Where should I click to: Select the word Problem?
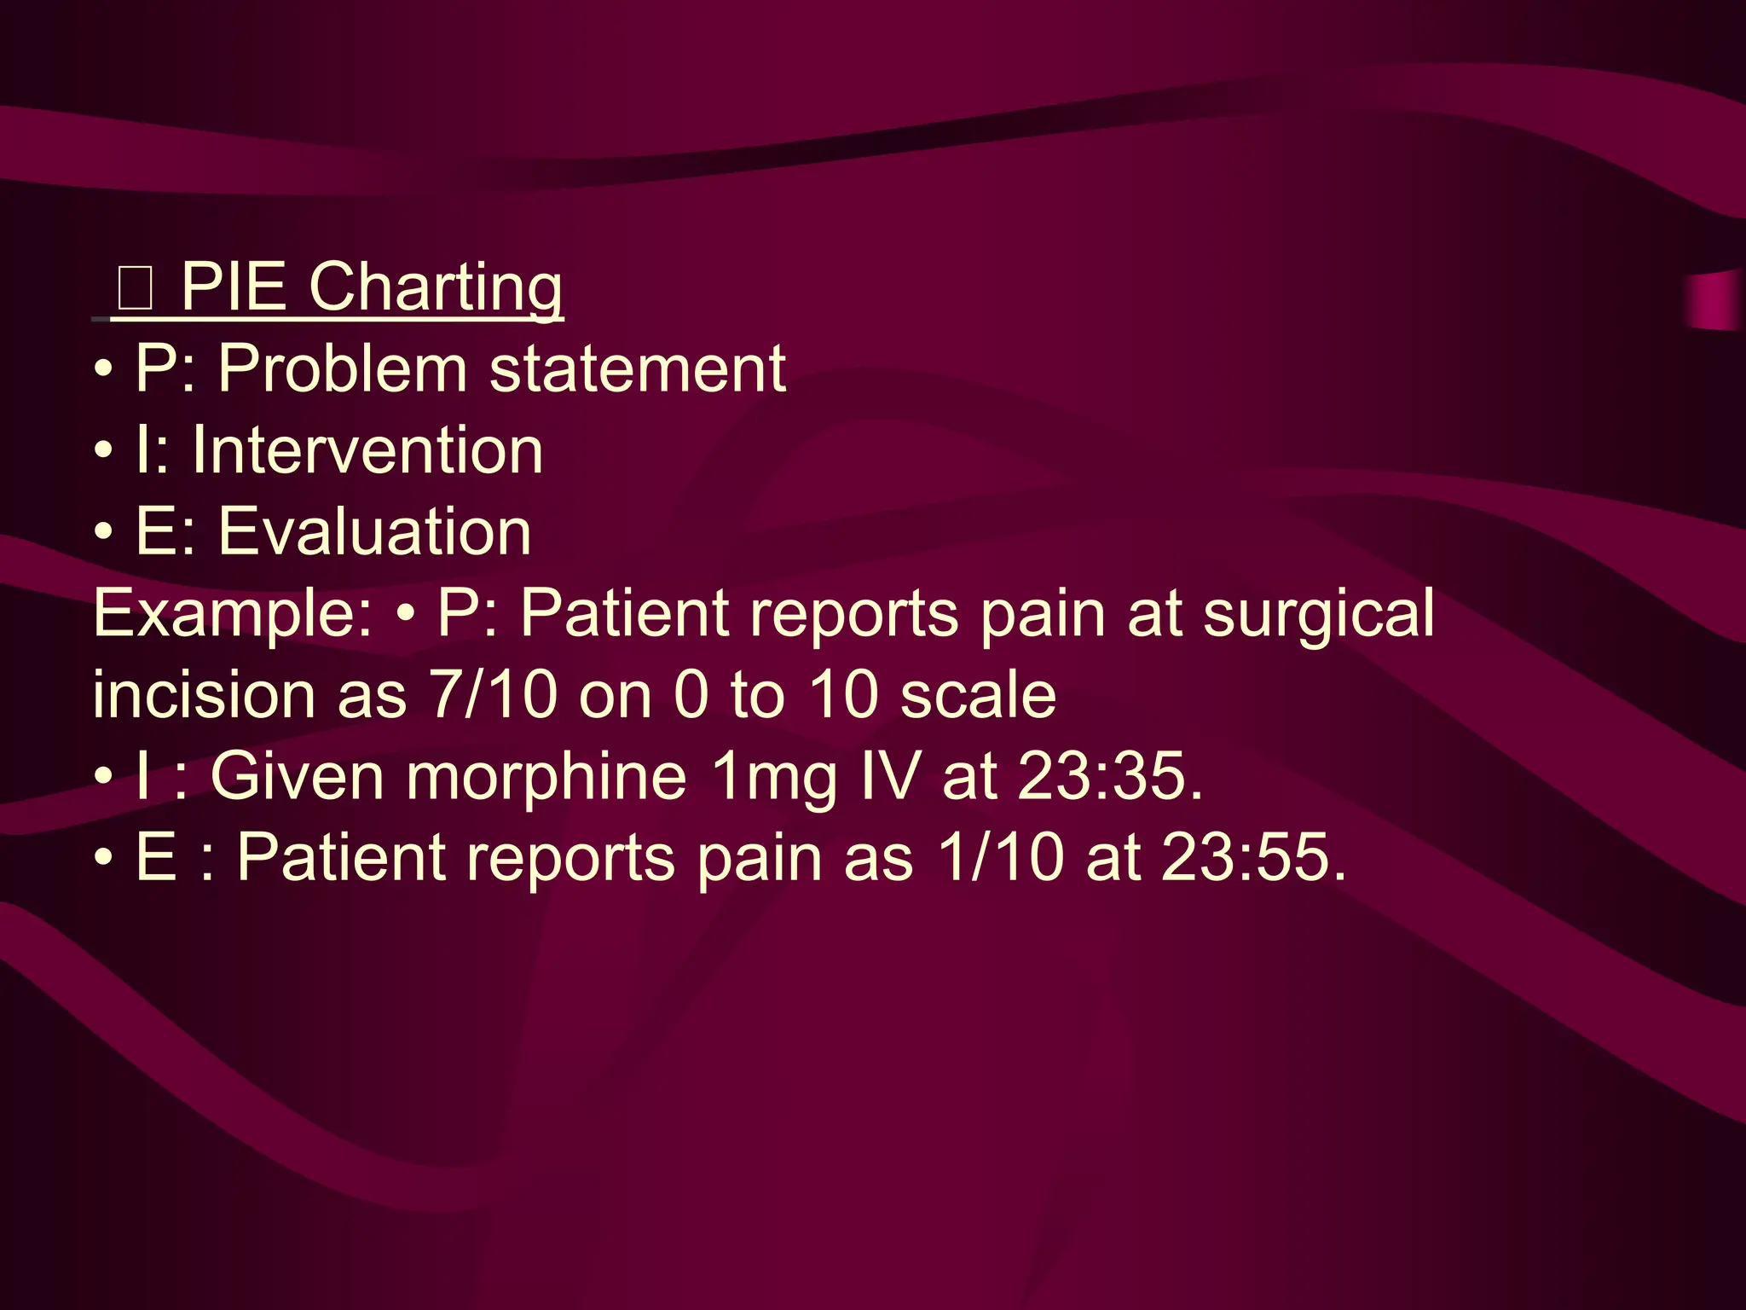point(342,368)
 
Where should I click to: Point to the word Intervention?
point(367,449)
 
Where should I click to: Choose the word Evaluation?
point(375,531)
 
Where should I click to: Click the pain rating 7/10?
point(493,694)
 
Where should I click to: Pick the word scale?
point(978,694)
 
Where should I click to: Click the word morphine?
point(546,776)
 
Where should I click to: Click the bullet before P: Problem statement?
point(103,370)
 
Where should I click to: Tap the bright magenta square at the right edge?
point(1714,299)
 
